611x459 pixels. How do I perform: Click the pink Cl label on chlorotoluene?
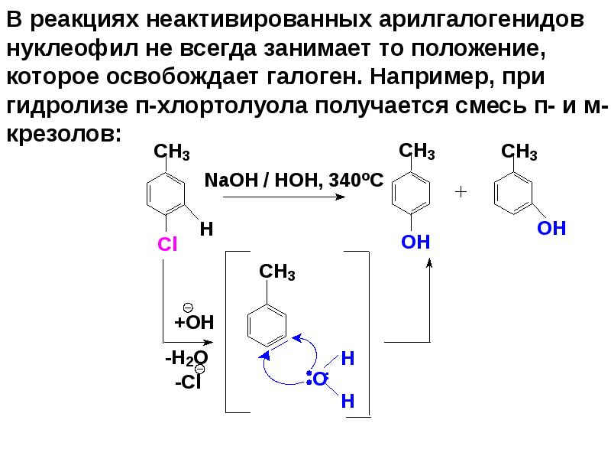[167, 244]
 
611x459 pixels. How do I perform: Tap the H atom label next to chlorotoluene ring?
[205, 229]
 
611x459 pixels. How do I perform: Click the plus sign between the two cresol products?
[461, 192]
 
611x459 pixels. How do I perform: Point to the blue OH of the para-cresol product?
[416, 243]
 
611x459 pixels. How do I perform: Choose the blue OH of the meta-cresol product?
[551, 228]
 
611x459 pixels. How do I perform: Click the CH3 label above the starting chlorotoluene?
[172, 152]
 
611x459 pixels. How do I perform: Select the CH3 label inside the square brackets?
[277, 273]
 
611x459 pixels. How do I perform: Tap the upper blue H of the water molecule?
[348, 358]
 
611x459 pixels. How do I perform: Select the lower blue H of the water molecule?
[348, 399]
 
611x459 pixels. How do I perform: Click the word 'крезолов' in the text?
[61, 135]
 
